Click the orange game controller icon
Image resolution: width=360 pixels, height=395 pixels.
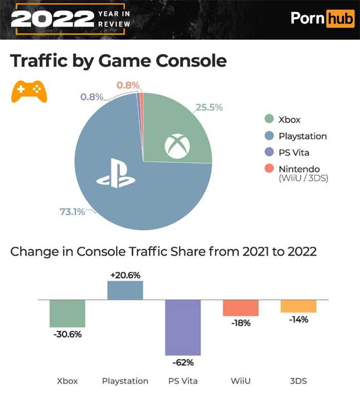tap(29, 91)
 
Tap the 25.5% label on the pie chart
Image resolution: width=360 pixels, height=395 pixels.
tap(209, 107)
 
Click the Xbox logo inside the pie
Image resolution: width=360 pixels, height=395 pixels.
tap(177, 146)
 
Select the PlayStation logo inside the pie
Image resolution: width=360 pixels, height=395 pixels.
tap(116, 177)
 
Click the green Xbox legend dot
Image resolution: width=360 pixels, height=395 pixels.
tap(268, 120)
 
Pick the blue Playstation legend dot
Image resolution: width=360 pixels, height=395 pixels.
tap(268, 136)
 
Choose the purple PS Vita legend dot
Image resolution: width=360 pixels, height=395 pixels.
tap(268, 153)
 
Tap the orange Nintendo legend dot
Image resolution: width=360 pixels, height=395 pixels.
tap(268, 169)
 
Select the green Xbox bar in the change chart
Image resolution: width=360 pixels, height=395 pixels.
tap(67, 313)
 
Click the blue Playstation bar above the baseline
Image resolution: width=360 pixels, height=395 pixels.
tap(125, 290)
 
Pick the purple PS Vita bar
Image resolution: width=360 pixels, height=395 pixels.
tap(183, 327)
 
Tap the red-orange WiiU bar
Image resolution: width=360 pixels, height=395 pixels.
tap(240, 308)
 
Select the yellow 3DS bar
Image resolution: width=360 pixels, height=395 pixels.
tap(298, 306)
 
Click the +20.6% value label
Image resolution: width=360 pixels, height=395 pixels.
tap(125, 275)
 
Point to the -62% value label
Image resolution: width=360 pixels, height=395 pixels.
tap(183, 363)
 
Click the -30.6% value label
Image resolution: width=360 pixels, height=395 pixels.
tap(67, 334)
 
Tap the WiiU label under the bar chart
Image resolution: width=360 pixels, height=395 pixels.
tap(240, 381)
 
